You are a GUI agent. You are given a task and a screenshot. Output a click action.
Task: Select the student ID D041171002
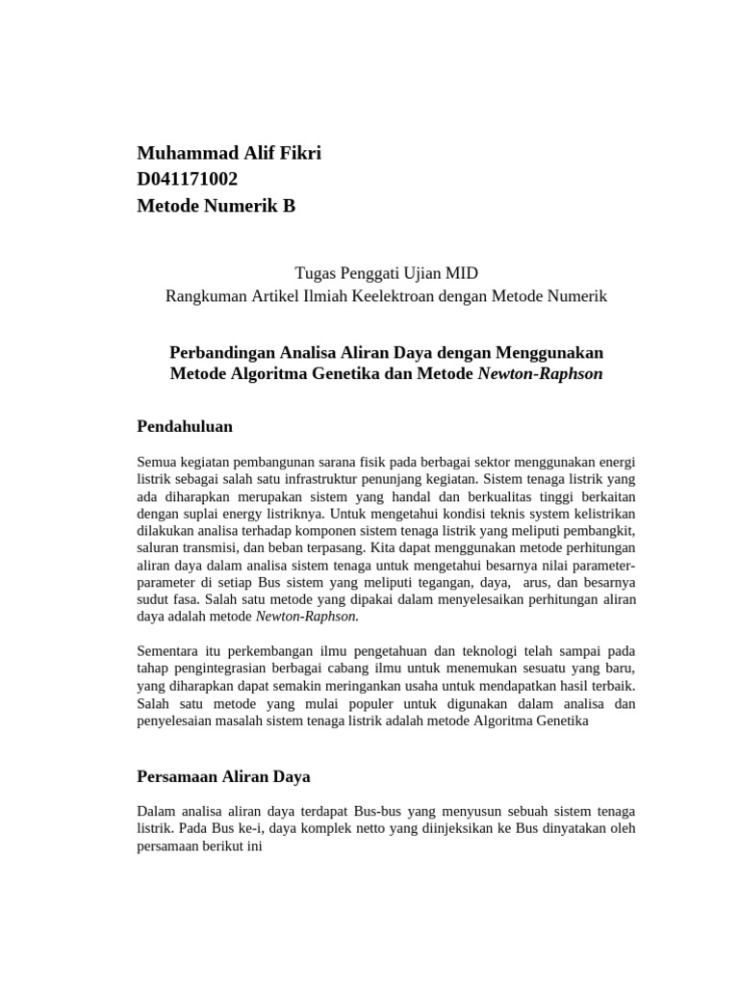pos(188,179)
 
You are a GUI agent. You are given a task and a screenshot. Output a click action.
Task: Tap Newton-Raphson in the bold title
pos(540,373)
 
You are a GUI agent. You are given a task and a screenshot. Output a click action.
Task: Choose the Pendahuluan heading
pos(185,425)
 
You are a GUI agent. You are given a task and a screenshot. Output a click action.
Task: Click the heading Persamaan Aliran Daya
pos(223,775)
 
